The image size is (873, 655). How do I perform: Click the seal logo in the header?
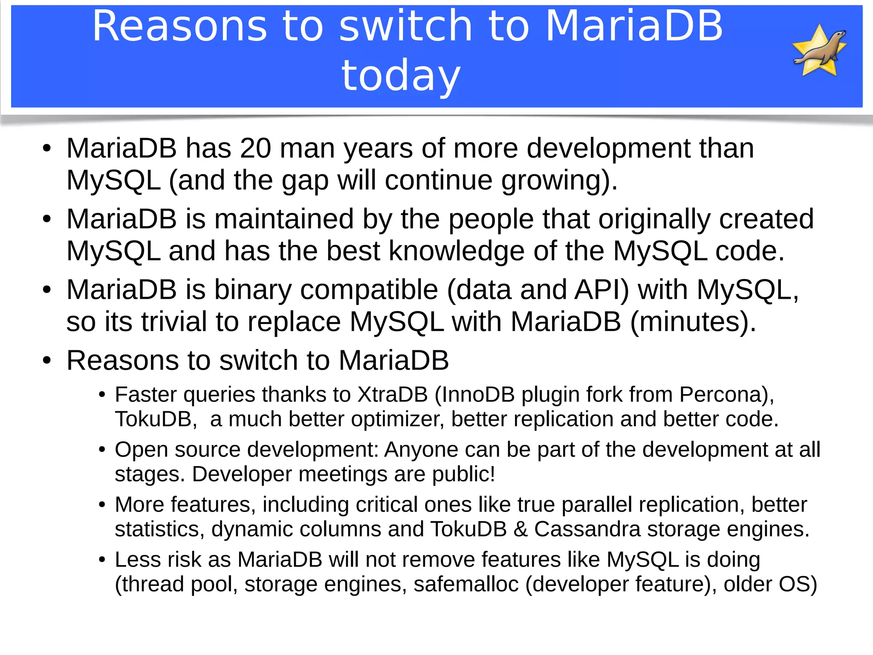click(819, 50)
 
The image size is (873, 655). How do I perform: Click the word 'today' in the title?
click(401, 75)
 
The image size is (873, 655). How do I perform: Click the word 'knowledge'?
click(457, 251)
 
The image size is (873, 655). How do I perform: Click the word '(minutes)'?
click(693, 322)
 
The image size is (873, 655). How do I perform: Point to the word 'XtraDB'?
click(392, 395)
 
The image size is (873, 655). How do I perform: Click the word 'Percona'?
click(720, 395)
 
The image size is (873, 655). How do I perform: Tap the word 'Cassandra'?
click(587, 529)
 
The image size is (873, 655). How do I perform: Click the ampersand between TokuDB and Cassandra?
click(520, 529)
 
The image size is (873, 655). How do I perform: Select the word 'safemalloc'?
click(466, 584)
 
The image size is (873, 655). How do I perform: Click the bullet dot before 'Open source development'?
click(102, 450)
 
